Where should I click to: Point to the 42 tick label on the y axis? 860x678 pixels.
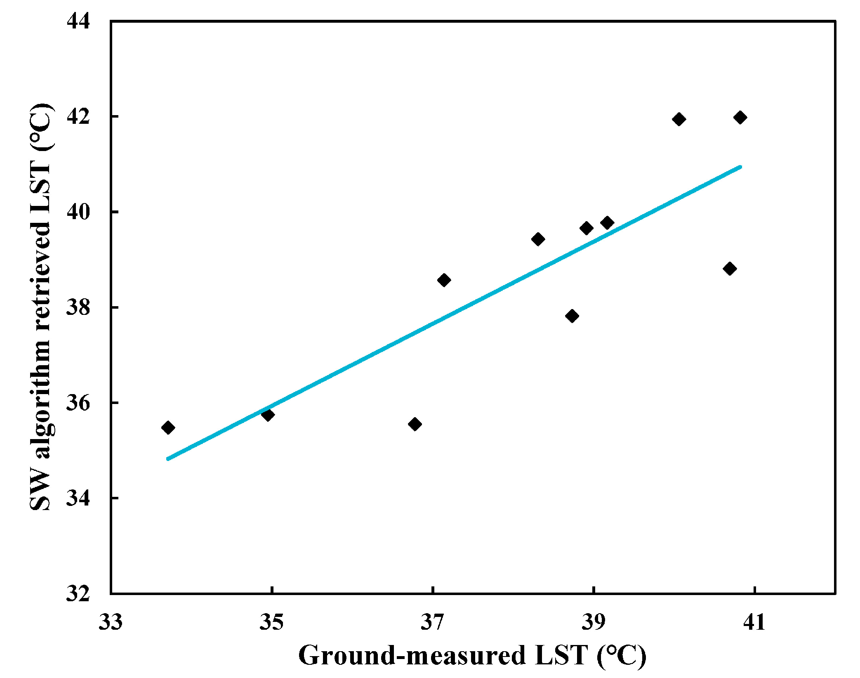pos(78,116)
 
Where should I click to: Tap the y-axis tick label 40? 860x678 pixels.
pos(78,212)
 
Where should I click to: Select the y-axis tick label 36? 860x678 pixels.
pos(78,403)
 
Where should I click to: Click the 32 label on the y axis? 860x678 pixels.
pos(78,593)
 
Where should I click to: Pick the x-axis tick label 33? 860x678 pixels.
pos(110,622)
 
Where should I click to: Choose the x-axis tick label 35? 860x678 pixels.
pos(271,622)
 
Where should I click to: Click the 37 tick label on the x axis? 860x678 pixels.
pos(432,622)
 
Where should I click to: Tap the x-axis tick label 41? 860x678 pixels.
pos(754,622)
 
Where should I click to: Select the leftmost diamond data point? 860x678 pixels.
pos(168,428)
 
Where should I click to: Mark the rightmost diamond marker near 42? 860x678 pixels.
pos(740,118)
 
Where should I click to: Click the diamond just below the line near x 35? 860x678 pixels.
pos(268,415)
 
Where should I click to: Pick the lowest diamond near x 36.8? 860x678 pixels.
pos(415,424)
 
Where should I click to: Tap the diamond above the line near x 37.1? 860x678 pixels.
pos(444,280)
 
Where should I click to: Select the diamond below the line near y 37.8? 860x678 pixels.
pos(572,316)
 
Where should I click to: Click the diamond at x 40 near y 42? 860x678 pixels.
pos(679,119)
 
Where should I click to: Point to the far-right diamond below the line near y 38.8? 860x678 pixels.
pos(730,269)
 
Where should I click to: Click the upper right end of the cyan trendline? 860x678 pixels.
pos(740,167)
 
